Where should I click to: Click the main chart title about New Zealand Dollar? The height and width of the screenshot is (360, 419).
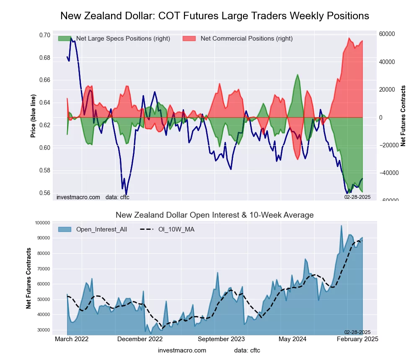coord(215,16)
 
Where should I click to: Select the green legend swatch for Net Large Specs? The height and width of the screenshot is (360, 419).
coord(65,39)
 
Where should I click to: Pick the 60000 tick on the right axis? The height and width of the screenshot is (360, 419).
coord(388,34)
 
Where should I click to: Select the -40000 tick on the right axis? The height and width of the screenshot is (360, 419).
coord(388,172)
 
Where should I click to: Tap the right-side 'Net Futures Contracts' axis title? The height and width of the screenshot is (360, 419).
coord(403,116)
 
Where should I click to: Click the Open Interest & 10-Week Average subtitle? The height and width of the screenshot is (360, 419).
coord(215,215)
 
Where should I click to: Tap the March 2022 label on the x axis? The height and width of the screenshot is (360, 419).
coord(72,339)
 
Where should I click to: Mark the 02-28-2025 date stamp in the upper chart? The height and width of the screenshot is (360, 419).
coord(357,196)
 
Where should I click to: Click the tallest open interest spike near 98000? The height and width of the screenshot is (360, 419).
coord(341,226)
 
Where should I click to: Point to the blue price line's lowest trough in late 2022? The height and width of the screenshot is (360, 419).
coord(126,195)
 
